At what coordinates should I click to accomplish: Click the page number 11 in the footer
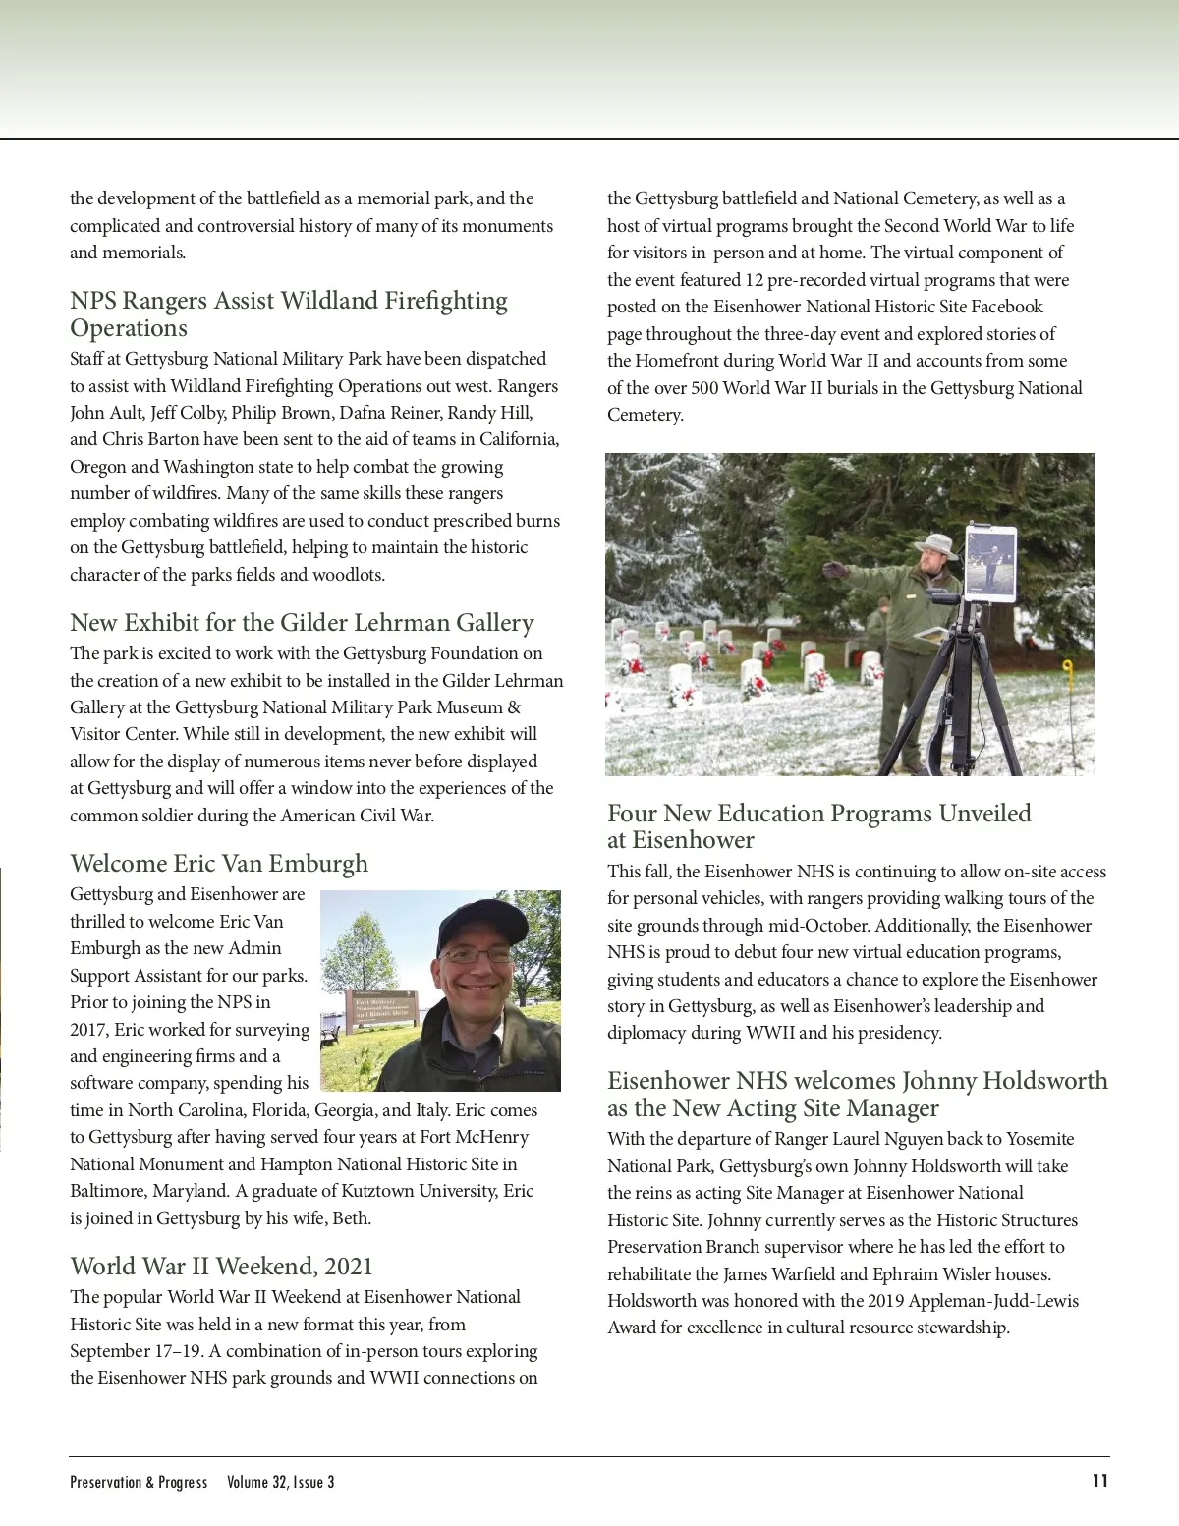[x=1099, y=1481]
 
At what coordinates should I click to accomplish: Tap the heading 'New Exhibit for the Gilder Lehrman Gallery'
[x=302, y=623]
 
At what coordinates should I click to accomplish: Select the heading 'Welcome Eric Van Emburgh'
[x=219, y=864]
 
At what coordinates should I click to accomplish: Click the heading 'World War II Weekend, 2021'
[x=221, y=1266]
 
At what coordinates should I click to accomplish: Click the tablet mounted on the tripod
[x=989, y=563]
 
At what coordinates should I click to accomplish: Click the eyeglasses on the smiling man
[x=476, y=954]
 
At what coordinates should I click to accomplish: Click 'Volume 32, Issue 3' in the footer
[x=280, y=1482]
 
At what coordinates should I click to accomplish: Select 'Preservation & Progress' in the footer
[x=139, y=1482]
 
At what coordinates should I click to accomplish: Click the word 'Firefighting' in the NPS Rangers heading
[x=441, y=301]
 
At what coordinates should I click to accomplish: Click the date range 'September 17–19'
[x=137, y=1351]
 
